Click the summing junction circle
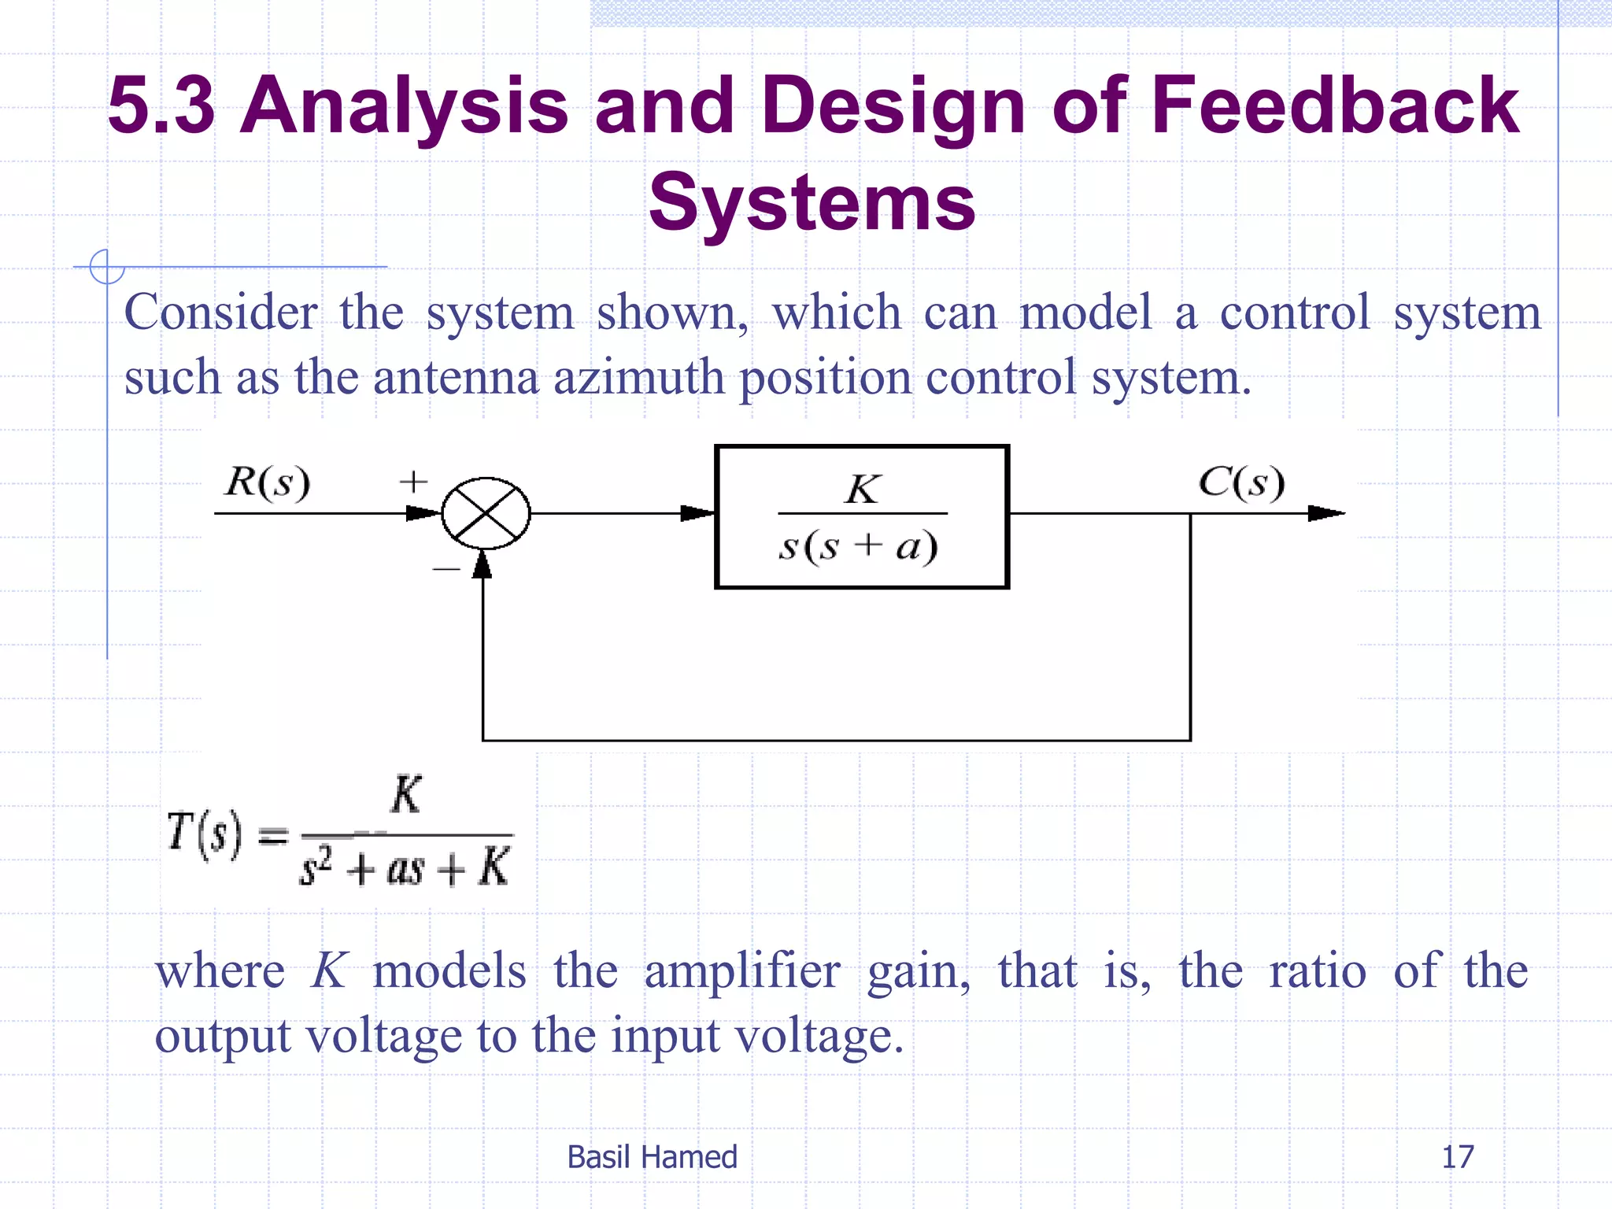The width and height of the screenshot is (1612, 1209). (x=486, y=513)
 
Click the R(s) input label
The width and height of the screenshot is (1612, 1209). (x=268, y=482)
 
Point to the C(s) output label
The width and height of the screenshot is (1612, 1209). (x=1241, y=482)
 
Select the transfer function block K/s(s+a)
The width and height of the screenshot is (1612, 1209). (x=862, y=516)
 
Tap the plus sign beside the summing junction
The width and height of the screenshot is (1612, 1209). (x=413, y=481)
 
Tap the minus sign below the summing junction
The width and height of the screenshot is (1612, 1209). (x=446, y=568)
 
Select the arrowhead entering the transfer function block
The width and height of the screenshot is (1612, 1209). (x=697, y=513)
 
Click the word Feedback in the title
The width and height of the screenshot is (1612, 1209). (x=1334, y=106)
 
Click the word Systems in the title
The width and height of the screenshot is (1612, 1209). (x=812, y=203)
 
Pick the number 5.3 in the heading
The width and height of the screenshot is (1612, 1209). (x=161, y=106)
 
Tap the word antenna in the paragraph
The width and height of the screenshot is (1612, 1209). (x=456, y=378)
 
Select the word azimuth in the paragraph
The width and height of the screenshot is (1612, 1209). (x=638, y=378)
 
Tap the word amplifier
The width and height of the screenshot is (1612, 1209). (x=741, y=971)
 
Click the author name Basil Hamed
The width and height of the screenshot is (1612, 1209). (x=652, y=1157)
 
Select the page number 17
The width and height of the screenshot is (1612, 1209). (x=1457, y=1157)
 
